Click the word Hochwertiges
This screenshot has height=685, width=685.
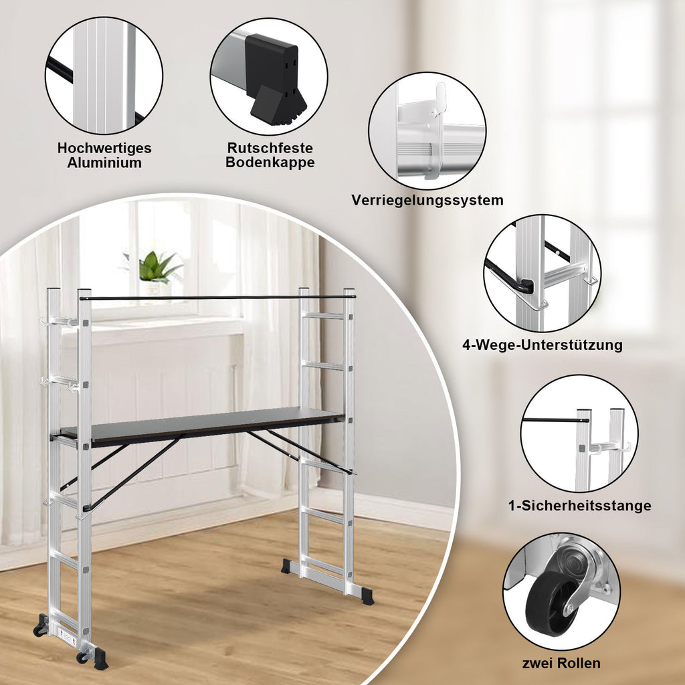104,148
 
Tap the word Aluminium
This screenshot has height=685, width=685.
104,163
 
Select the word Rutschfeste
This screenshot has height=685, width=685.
270,148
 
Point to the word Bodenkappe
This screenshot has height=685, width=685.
270,162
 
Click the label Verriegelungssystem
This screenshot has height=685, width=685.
427,200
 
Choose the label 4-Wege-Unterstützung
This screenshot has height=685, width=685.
543,345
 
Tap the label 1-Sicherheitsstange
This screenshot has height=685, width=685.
580,506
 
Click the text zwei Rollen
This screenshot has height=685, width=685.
561,663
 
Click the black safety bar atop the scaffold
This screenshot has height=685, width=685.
217,298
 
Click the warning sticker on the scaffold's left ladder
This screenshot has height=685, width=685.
67,636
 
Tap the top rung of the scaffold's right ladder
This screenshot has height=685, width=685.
324,316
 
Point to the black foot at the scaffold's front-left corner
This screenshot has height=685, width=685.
100,659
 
